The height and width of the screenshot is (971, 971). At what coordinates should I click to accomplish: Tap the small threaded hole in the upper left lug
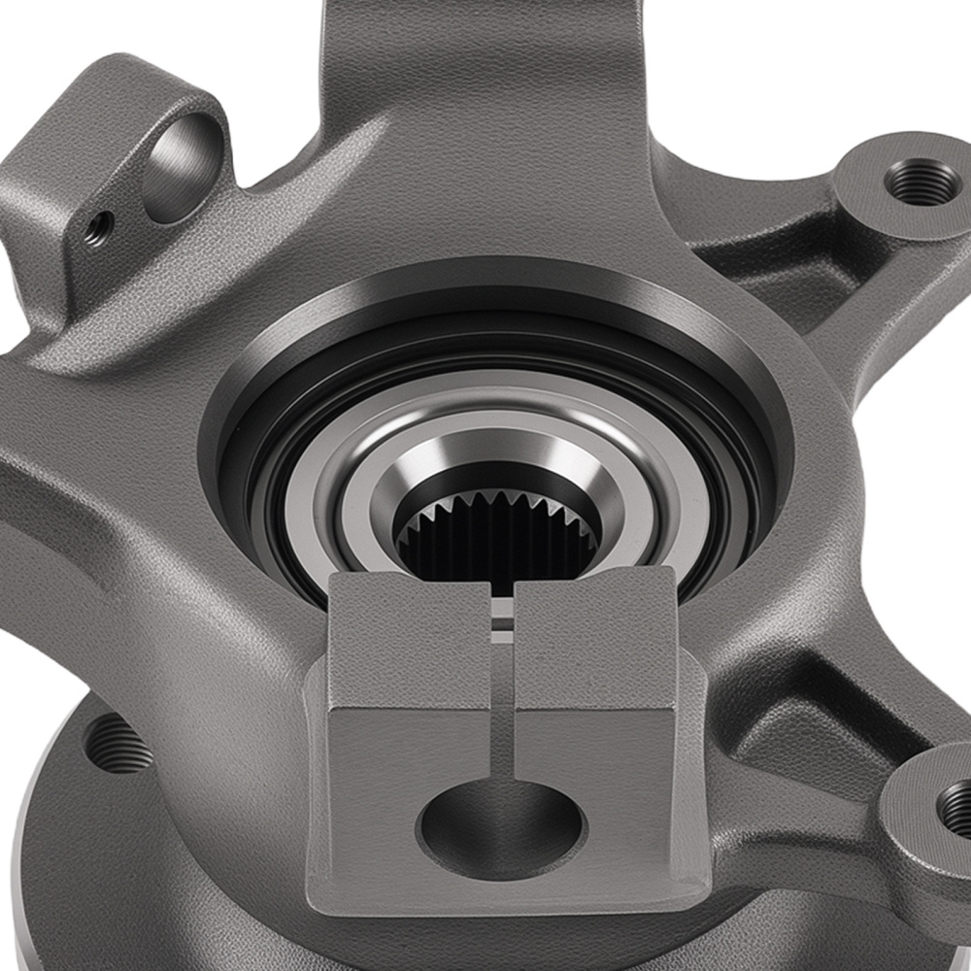pos(96,230)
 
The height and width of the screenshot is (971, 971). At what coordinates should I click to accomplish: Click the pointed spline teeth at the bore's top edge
pos(496,505)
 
